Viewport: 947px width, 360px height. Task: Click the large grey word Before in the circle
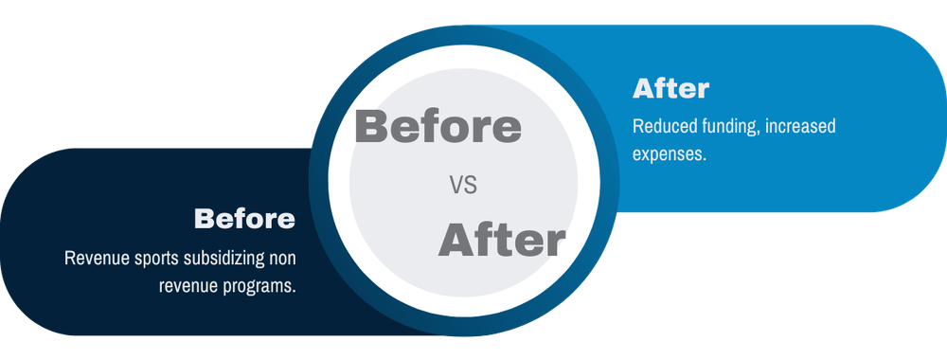point(438,127)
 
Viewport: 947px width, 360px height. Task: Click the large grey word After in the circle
point(501,241)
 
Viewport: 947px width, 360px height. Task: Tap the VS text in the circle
point(463,186)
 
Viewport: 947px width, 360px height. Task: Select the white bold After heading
point(670,89)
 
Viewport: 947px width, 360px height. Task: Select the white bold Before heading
point(244,219)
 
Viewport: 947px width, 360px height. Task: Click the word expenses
point(670,153)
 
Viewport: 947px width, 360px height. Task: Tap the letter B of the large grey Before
point(371,127)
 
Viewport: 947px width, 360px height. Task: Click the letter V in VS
point(456,186)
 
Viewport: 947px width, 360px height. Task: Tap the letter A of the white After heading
point(642,89)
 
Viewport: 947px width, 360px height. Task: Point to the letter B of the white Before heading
point(204,219)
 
